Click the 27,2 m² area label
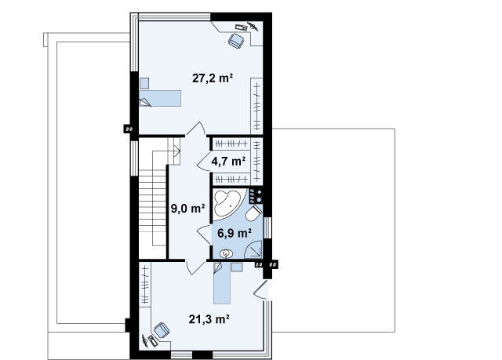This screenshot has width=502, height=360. pyautogui.click(x=213, y=78)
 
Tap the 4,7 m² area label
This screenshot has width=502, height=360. pyautogui.click(x=228, y=161)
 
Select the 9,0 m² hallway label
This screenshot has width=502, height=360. pyautogui.click(x=187, y=209)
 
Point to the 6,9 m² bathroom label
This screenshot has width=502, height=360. pyautogui.click(x=235, y=233)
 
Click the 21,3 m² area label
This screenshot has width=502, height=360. pyautogui.click(x=209, y=319)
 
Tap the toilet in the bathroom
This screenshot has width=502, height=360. pyautogui.click(x=254, y=213)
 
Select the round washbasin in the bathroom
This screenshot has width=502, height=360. pyautogui.click(x=226, y=254)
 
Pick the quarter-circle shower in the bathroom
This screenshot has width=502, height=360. pyautogui.click(x=253, y=249)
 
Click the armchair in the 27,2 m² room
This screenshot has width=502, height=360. pyautogui.click(x=236, y=41)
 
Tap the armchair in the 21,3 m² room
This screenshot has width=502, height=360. pyautogui.click(x=162, y=330)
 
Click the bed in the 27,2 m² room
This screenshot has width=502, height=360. pyautogui.click(x=160, y=98)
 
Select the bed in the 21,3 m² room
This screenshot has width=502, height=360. pyautogui.click(x=222, y=283)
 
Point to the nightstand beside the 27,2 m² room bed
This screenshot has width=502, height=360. pyautogui.click(x=144, y=83)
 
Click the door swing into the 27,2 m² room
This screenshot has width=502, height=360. pyautogui.click(x=196, y=129)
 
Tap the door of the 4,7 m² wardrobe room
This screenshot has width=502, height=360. pyautogui.click(x=204, y=161)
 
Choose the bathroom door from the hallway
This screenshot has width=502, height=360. pyautogui.click(x=204, y=235)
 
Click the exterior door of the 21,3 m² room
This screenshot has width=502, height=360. pyautogui.click(x=261, y=290)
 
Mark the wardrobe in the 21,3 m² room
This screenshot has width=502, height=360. pyautogui.click(x=145, y=285)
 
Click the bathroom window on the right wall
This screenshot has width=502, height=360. pyautogui.click(x=267, y=227)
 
